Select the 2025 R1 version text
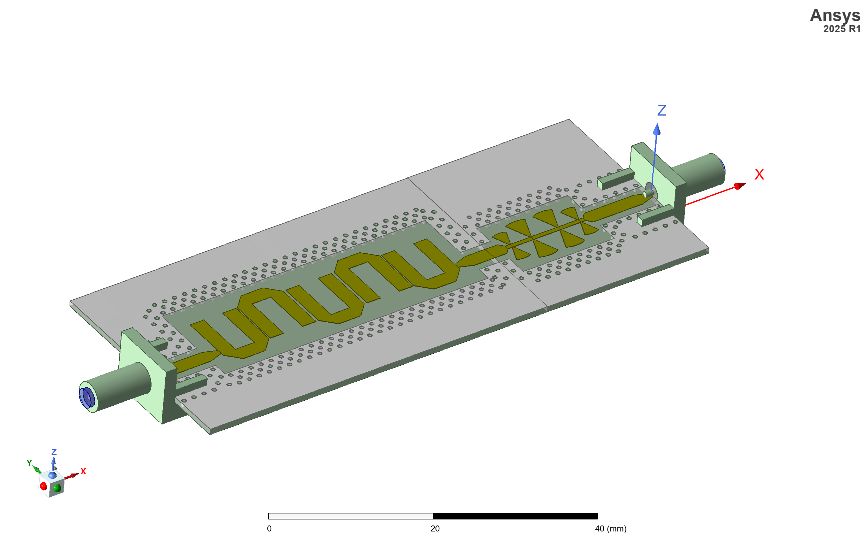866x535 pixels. [x=842, y=29]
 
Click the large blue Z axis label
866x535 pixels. [x=662, y=110]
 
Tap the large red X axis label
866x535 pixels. [x=759, y=175]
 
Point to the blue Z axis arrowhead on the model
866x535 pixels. [x=657, y=129]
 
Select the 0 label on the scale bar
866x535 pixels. [x=269, y=529]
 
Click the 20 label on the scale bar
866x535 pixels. [x=435, y=529]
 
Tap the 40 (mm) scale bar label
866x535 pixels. [x=611, y=529]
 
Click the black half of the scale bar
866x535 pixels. [x=515, y=516]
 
